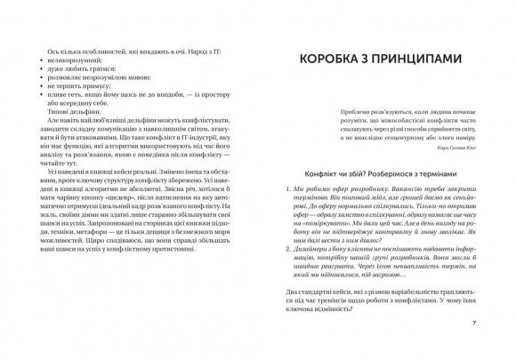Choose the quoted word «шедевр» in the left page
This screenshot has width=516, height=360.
pos(122,220)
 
